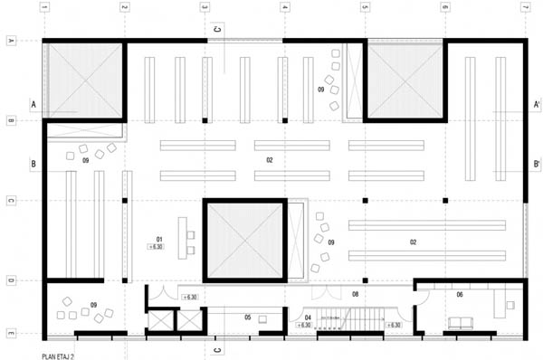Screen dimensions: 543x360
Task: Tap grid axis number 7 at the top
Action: point(524,7)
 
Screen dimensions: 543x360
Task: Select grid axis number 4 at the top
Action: point(284,7)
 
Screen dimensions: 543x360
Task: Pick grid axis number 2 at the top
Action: point(124,7)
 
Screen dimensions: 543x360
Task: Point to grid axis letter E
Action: point(11,335)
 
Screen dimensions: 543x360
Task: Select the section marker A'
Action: point(537,105)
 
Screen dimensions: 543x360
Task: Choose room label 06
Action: point(460,295)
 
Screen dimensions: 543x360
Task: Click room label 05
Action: point(247,317)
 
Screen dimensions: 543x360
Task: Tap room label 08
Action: point(356,294)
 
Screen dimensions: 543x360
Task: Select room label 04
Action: point(308,317)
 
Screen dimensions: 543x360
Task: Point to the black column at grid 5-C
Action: point(365,199)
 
